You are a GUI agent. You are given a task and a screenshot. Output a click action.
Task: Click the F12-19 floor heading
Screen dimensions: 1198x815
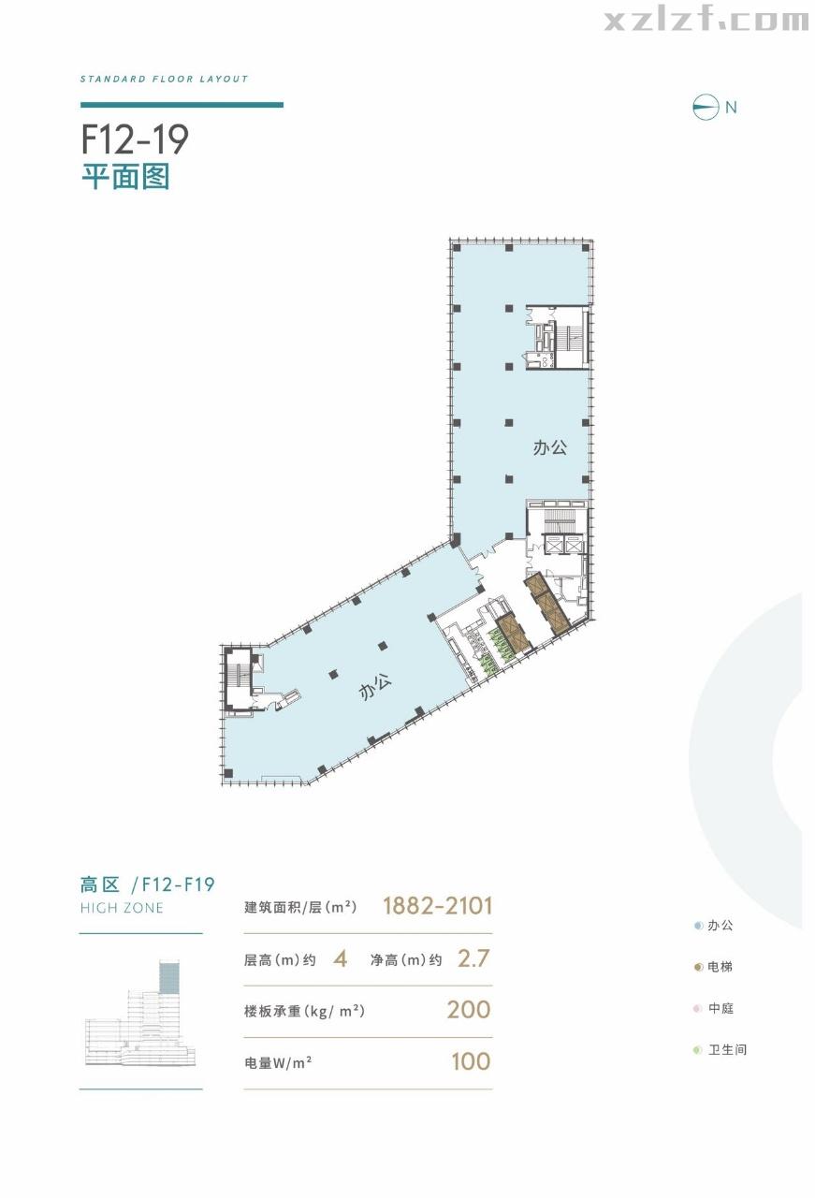point(135,139)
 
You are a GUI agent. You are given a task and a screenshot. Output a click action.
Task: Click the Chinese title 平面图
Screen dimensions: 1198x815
point(125,176)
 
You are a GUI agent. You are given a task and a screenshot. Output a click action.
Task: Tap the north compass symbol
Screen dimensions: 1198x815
point(706,107)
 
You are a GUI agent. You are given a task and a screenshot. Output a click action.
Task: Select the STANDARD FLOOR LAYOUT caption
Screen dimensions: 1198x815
point(165,80)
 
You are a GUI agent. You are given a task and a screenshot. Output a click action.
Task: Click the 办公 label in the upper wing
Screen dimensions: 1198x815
point(550,448)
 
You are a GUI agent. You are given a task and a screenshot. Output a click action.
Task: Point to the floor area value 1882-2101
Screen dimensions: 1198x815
point(437,906)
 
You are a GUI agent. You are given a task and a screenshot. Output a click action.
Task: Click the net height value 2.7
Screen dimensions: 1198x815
point(473,958)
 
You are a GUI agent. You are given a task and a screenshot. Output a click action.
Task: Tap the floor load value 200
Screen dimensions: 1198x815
point(469,1010)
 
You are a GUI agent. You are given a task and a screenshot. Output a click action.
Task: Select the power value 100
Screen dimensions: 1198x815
point(470,1061)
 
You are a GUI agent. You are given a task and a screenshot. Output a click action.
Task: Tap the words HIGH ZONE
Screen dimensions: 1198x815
point(122,908)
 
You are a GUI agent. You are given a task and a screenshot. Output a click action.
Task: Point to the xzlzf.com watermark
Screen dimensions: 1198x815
point(706,21)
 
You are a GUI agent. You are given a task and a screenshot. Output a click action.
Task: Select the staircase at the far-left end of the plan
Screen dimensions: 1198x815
point(239,679)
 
